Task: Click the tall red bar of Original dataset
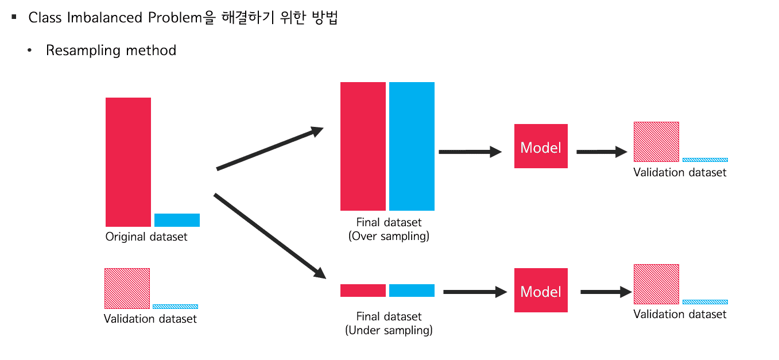[128, 162]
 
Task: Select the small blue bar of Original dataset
[177, 220]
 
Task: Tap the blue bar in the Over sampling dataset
[412, 146]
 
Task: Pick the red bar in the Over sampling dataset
[363, 146]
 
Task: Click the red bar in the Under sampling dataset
[363, 291]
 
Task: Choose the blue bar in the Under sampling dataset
[412, 291]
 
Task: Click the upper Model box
[541, 146]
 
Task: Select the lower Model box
[541, 291]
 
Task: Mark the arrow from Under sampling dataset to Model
[475, 292]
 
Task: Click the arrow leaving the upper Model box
[601, 152]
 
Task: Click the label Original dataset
[146, 237]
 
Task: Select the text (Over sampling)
[389, 236]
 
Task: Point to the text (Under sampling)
[389, 330]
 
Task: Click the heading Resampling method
[111, 51]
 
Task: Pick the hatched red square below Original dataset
[127, 288]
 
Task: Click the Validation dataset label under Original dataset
[150, 319]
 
